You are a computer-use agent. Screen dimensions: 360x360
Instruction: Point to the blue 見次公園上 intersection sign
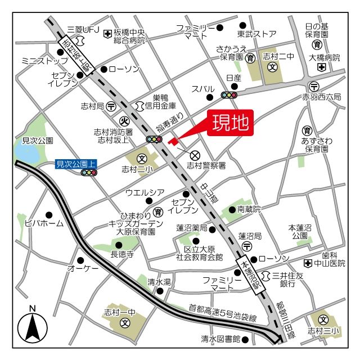pyautogui.click(x=77, y=164)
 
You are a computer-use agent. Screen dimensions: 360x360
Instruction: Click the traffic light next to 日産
pyautogui.click(x=229, y=94)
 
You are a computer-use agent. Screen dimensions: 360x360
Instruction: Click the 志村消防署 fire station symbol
pyautogui.click(x=124, y=120)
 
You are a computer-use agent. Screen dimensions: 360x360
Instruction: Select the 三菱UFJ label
pyautogui.click(x=83, y=29)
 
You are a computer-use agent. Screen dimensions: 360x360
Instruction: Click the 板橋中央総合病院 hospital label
pyautogui.click(x=129, y=37)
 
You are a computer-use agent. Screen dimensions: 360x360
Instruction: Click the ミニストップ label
pyautogui.click(x=40, y=60)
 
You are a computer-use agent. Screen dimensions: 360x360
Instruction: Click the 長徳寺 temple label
pyautogui.click(x=122, y=254)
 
